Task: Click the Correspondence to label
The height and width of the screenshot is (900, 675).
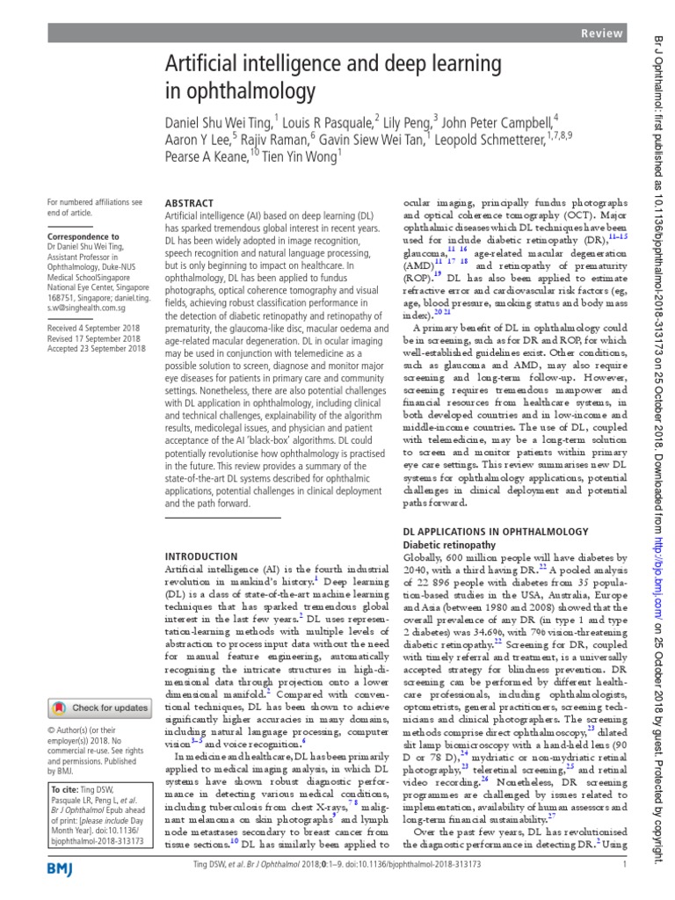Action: tap(83, 236)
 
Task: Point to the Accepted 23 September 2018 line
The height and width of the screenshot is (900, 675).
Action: tap(97, 348)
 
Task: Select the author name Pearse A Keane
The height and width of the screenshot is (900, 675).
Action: tap(207, 156)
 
